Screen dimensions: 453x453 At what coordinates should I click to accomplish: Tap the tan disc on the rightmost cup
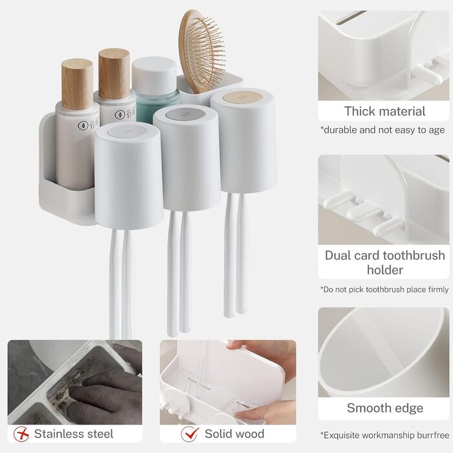click(x=243, y=97)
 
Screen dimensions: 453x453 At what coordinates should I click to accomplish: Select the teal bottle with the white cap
click(x=155, y=89)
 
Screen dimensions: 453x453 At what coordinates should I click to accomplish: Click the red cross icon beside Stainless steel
click(x=21, y=434)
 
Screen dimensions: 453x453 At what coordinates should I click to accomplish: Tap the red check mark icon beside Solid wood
click(x=190, y=434)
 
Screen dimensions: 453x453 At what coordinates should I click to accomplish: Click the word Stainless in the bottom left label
click(x=59, y=434)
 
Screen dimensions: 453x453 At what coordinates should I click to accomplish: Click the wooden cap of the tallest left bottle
click(x=77, y=84)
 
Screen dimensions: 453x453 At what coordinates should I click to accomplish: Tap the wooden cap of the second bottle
click(x=114, y=74)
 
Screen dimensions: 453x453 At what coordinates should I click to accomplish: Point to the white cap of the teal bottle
click(x=154, y=76)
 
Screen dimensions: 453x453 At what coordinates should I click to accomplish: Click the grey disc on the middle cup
click(x=186, y=114)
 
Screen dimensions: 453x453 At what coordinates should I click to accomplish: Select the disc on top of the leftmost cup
click(x=127, y=131)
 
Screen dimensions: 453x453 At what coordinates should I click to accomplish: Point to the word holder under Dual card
click(x=385, y=270)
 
